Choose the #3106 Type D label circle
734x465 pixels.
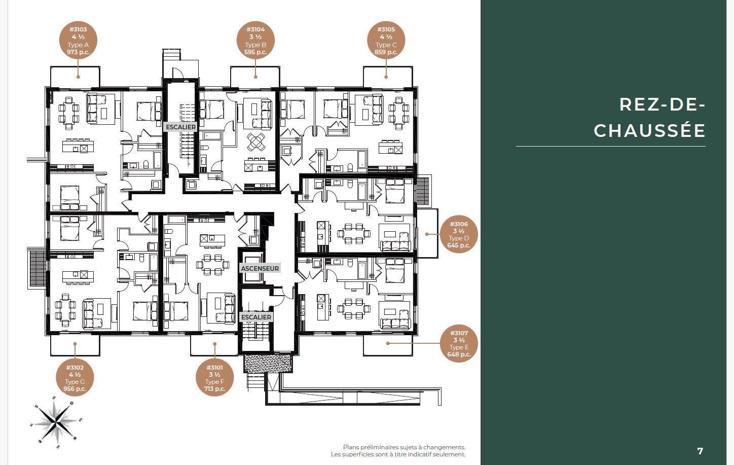[x=459, y=234]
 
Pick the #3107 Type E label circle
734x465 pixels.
[x=459, y=343]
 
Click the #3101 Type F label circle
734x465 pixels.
[x=214, y=378]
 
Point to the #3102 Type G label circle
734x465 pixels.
[x=75, y=378]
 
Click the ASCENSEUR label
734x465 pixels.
[x=260, y=268]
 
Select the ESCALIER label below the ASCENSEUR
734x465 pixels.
[x=256, y=317]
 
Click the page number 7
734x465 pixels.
[x=700, y=451]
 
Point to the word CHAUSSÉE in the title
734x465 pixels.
[x=649, y=131]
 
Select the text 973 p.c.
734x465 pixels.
[x=78, y=52]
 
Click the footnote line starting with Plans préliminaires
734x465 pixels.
[x=404, y=447]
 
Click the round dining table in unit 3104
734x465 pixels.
[x=256, y=141]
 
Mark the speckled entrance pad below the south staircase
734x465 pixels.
[x=268, y=364]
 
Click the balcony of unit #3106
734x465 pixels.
[x=426, y=233]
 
